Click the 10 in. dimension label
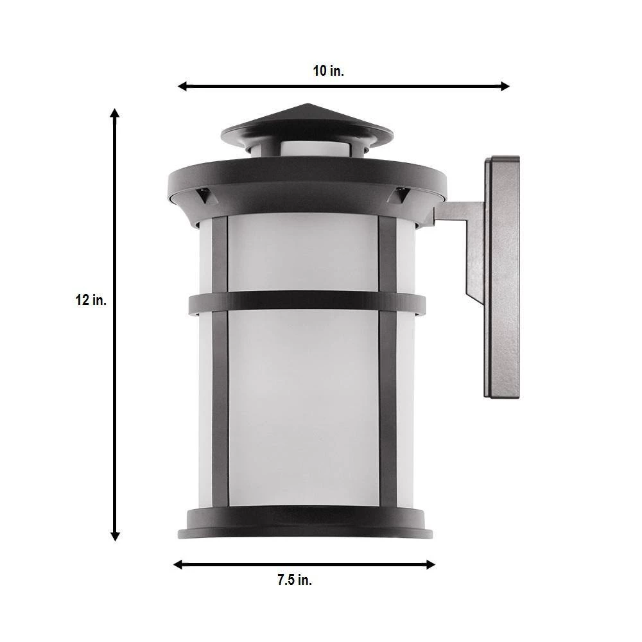click(x=328, y=71)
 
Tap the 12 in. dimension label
click(x=91, y=300)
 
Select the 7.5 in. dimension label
click(x=295, y=580)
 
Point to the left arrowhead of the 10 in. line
click(x=182, y=86)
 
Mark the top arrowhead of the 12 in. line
click(x=116, y=114)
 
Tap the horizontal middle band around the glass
click(x=306, y=302)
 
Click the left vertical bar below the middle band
click(x=220, y=411)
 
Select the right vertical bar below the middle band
click(x=388, y=411)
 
